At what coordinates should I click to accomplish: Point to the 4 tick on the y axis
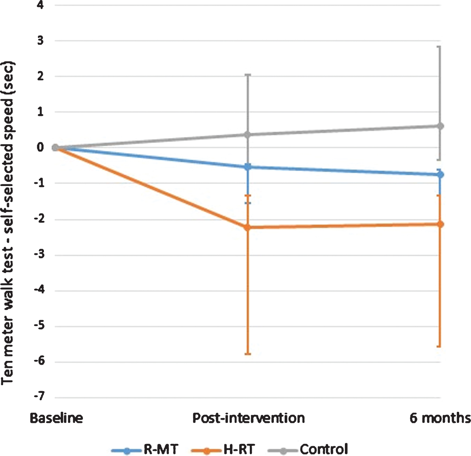pyautogui.click(x=40, y=5)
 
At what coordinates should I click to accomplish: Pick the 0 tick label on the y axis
pyautogui.click(x=40, y=147)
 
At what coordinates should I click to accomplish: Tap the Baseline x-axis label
pyautogui.click(x=56, y=418)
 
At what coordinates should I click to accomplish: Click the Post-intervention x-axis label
pyautogui.click(x=249, y=418)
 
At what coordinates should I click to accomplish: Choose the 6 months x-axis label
pyautogui.click(x=440, y=418)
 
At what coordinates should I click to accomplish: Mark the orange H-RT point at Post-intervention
pyautogui.click(x=248, y=227)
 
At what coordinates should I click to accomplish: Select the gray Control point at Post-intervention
pyautogui.click(x=248, y=134)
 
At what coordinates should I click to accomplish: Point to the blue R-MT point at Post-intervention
pyautogui.click(x=248, y=167)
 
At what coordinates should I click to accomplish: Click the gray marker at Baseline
pyautogui.click(x=55, y=147)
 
